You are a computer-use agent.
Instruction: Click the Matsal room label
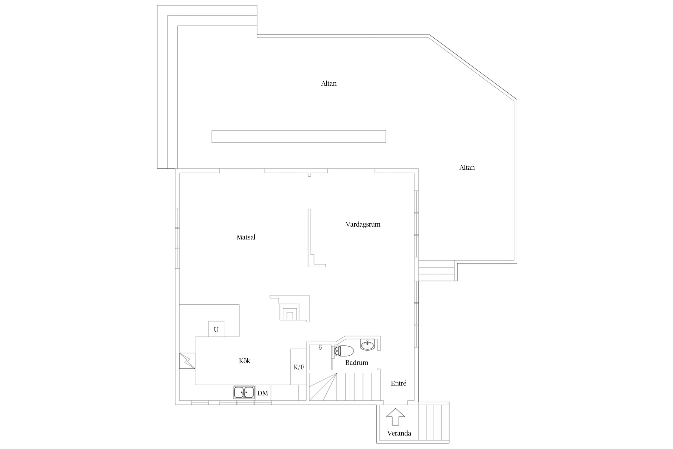pyautogui.click(x=246, y=237)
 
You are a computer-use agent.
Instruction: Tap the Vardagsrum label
pyautogui.click(x=363, y=224)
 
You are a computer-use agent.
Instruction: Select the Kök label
pyautogui.click(x=244, y=361)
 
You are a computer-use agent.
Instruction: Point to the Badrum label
pyautogui.click(x=357, y=362)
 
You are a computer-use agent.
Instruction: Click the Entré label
pyautogui.click(x=398, y=383)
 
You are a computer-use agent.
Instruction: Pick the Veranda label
pyautogui.click(x=399, y=433)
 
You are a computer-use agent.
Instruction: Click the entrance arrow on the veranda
pyautogui.click(x=395, y=417)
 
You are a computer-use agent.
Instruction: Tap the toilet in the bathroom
pyautogui.click(x=344, y=351)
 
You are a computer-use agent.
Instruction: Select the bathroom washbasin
pyautogui.click(x=367, y=345)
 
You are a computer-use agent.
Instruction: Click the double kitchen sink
pyautogui.click(x=244, y=392)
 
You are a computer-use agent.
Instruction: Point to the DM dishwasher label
pyautogui.click(x=263, y=393)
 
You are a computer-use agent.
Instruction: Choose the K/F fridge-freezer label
pyautogui.click(x=299, y=367)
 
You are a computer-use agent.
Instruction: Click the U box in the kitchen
pyautogui.click(x=216, y=329)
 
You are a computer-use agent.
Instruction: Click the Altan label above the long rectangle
pyautogui.click(x=329, y=84)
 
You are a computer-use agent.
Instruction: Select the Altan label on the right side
pyautogui.click(x=467, y=168)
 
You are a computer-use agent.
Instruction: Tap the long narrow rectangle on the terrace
pyautogui.click(x=299, y=136)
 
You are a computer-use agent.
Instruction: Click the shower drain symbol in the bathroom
pyautogui.click(x=320, y=347)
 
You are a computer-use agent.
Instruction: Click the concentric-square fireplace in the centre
pyautogui.click(x=290, y=308)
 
